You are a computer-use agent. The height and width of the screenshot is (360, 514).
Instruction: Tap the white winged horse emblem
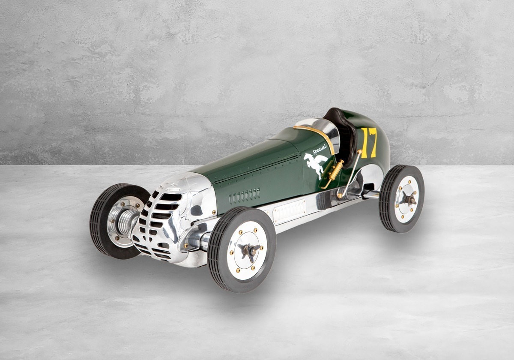pos(315,165)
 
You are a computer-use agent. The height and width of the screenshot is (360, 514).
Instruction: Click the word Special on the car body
pos(320,150)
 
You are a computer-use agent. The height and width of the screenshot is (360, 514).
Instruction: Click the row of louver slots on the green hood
pos(245,196)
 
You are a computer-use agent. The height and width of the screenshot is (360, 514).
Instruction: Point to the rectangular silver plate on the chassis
pos(290,211)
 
